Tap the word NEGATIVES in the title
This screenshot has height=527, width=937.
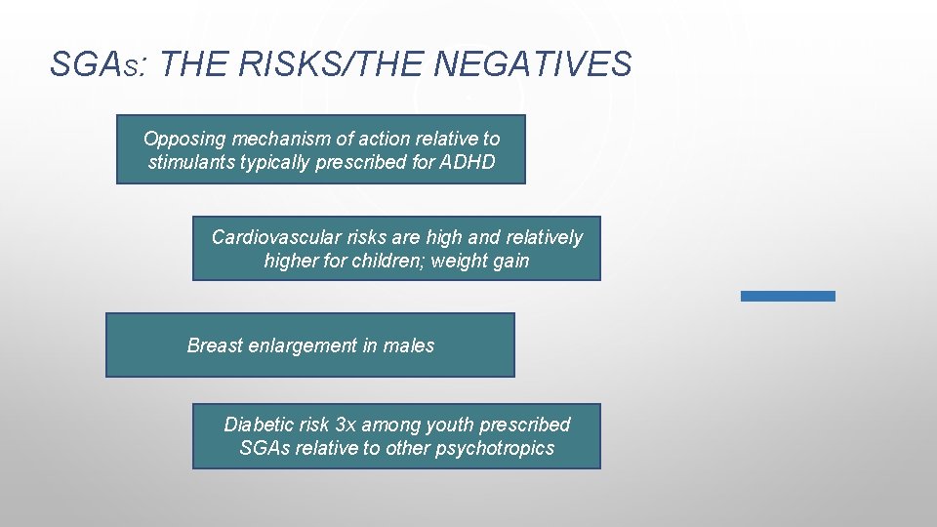(x=533, y=64)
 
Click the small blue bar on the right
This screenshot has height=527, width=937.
(x=788, y=296)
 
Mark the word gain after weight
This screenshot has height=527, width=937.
(x=511, y=261)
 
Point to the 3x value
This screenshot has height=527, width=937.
(x=346, y=425)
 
